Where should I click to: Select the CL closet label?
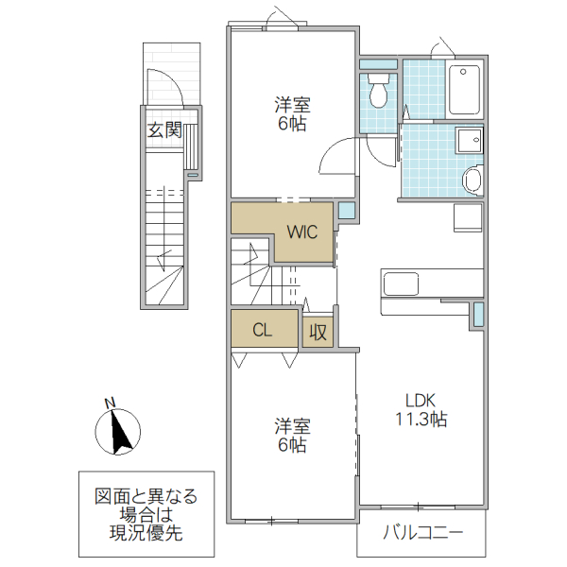point(264,331)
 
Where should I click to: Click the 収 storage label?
point(318,333)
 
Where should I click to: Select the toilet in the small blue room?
point(378,93)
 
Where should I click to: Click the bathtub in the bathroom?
point(465,90)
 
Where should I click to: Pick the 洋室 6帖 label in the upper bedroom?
point(291,114)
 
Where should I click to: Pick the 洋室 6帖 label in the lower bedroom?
point(291,435)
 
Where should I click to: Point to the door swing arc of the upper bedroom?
point(335,156)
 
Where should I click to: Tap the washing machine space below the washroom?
point(467,217)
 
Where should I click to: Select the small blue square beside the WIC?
point(347,212)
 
